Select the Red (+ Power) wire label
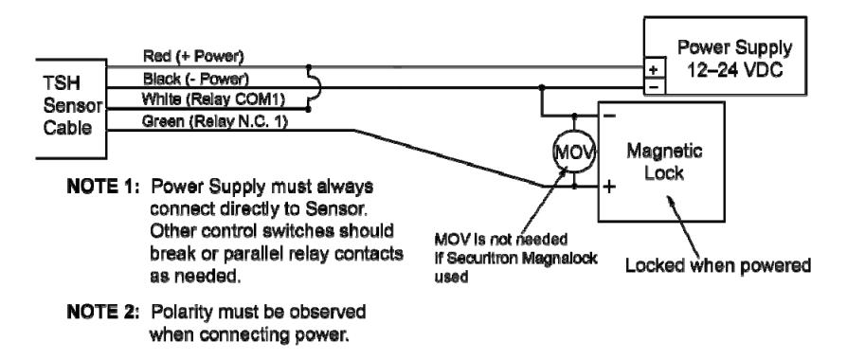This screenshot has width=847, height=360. coord(193,56)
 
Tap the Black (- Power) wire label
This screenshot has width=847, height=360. coord(195,79)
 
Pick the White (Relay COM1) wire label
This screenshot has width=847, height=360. coord(212,99)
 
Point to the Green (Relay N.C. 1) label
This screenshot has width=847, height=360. coord(214,121)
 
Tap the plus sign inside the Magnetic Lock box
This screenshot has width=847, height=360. coord(609,187)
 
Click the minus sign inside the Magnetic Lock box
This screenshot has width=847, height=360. coord(609,116)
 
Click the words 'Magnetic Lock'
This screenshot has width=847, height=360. coord(664,161)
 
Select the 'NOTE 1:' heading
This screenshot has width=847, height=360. coord(102,187)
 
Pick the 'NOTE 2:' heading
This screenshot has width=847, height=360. coord(102,312)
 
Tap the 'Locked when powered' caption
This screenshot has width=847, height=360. coord(718,265)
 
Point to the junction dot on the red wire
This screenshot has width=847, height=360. coord(309,67)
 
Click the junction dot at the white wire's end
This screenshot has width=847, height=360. coord(309,109)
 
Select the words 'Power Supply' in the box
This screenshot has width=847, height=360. coord(734,48)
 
